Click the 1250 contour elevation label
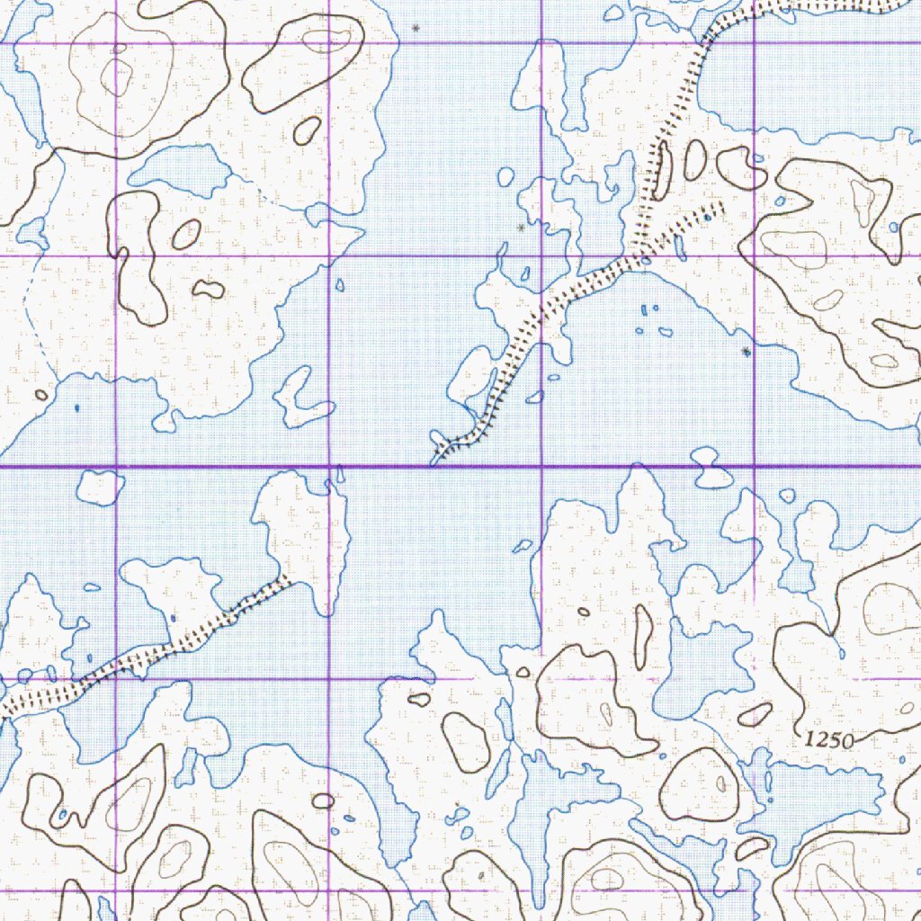point(827,739)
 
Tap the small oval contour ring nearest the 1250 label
point(754,714)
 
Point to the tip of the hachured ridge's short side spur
point(720,208)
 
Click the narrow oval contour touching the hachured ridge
point(661,170)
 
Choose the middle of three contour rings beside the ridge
point(694,159)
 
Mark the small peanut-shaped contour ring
point(209,290)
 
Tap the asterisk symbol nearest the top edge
point(415,29)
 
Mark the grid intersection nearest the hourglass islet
point(754,467)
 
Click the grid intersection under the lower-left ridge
point(117,679)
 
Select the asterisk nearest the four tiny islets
point(746,352)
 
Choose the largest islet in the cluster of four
point(666,332)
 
